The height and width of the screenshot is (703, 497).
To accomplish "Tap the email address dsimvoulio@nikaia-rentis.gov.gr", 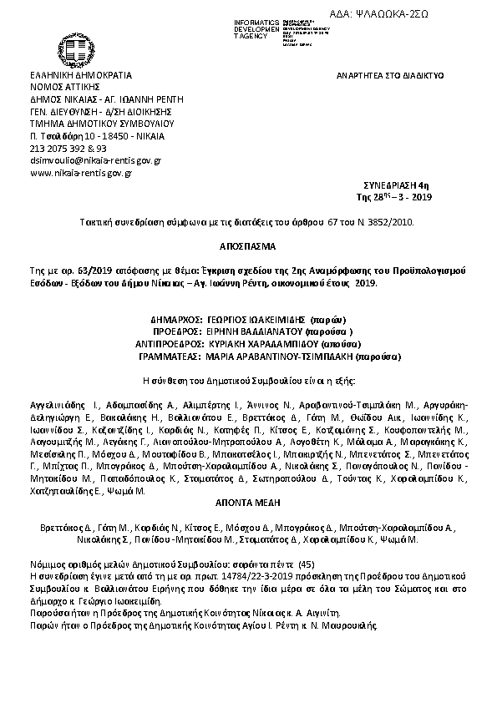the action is [x=95, y=159].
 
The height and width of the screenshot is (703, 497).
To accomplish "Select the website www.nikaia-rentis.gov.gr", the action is [x=81, y=173].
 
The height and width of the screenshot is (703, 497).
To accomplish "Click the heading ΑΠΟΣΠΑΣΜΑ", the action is [x=248, y=248].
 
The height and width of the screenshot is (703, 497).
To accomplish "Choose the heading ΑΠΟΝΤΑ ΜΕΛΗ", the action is [x=248, y=504].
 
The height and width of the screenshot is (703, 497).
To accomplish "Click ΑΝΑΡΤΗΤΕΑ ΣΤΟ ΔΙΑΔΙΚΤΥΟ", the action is [x=389, y=75].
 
